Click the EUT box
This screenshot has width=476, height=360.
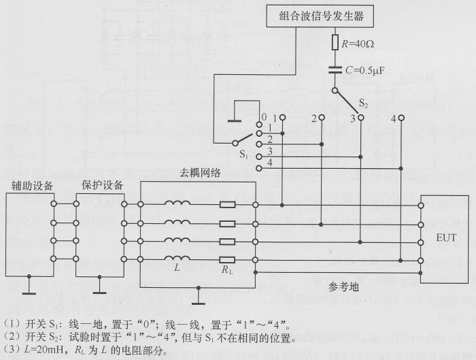446,238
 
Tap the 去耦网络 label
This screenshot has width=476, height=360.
199,173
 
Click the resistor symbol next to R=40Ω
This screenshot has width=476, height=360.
335,43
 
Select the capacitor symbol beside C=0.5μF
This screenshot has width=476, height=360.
335,68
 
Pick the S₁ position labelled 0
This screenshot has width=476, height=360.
260,125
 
